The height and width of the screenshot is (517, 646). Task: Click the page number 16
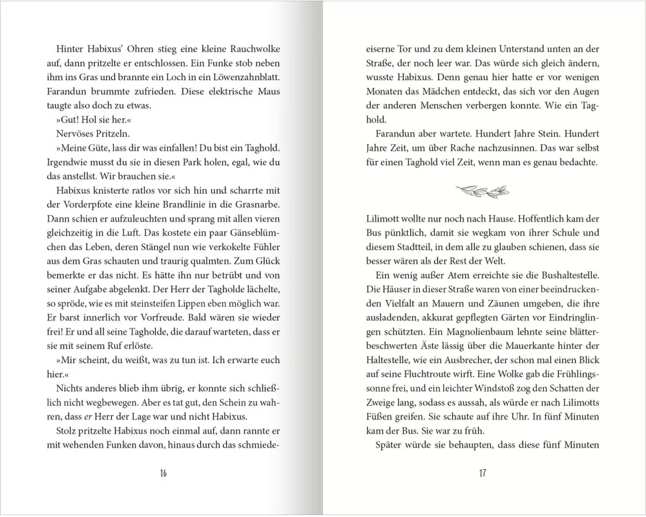(163, 473)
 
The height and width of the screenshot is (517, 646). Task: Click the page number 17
(482, 473)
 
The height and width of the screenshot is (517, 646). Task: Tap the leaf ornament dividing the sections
(482, 190)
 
